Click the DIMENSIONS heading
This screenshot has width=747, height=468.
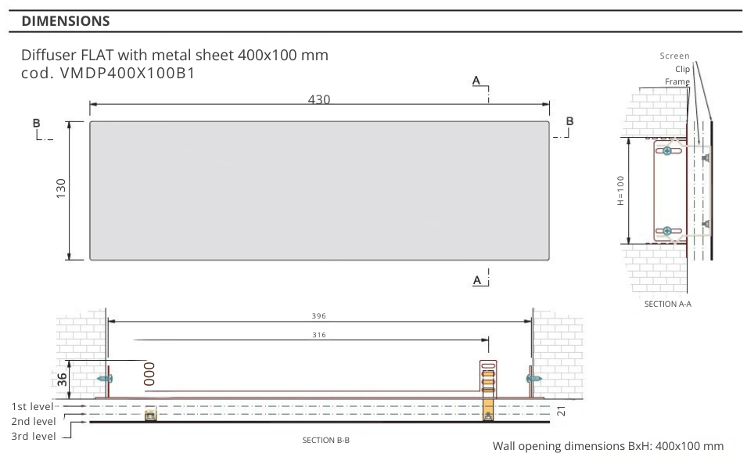(66, 21)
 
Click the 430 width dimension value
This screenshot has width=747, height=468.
(318, 99)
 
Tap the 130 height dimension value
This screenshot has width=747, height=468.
(61, 189)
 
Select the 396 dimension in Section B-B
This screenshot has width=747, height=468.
(318, 316)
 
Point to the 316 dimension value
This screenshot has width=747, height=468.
(319, 335)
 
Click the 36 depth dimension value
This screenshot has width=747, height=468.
(63, 380)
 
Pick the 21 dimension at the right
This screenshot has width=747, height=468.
(562, 411)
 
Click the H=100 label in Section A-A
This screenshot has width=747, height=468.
(620, 191)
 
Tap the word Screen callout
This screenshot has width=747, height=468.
(674, 56)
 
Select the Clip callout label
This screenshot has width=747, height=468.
(682, 69)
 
